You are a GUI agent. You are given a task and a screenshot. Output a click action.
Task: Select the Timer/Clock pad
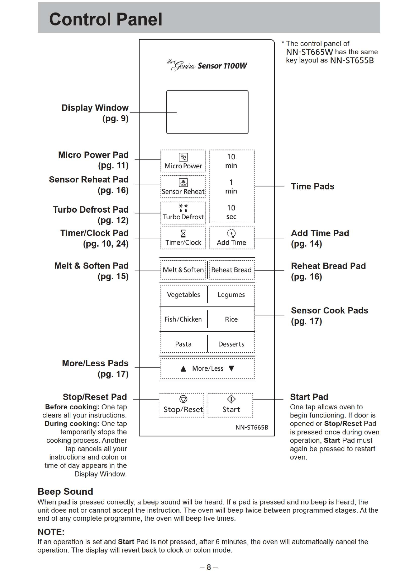pyautogui.click(x=183, y=238)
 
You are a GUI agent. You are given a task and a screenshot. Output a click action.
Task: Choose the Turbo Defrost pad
pyautogui.click(x=183, y=213)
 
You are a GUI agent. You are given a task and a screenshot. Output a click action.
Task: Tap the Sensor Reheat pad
pyautogui.click(x=183, y=186)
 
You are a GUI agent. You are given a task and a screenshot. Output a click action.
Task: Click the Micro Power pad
pyautogui.click(x=183, y=161)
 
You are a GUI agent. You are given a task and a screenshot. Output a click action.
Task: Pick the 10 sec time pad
pyautogui.click(x=232, y=212)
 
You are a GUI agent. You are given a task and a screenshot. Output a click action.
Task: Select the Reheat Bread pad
pyautogui.click(x=232, y=270)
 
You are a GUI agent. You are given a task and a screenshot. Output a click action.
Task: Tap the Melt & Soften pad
pyautogui.click(x=183, y=270)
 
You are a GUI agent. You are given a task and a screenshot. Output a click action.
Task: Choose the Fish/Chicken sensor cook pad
pyautogui.click(x=183, y=319)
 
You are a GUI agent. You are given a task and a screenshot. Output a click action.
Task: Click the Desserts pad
pyautogui.click(x=231, y=344)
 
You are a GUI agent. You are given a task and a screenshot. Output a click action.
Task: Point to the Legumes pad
pyautogui.click(x=231, y=295)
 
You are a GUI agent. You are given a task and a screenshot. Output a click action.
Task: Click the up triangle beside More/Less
pyautogui.click(x=183, y=369)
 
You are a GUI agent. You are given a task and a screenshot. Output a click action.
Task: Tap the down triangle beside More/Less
pyautogui.click(x=232, y=368)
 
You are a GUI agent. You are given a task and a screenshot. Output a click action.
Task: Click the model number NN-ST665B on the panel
pyautogui.click(x=252, y=427)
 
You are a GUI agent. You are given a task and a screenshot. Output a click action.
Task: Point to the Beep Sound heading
pyautogui.click(x=65, y=492)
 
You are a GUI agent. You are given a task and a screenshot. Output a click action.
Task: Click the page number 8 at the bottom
pyautogui.click(x=209, y=567)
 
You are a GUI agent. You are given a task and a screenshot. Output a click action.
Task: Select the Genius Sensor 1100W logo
pyautogui.click(x=207, y=65)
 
